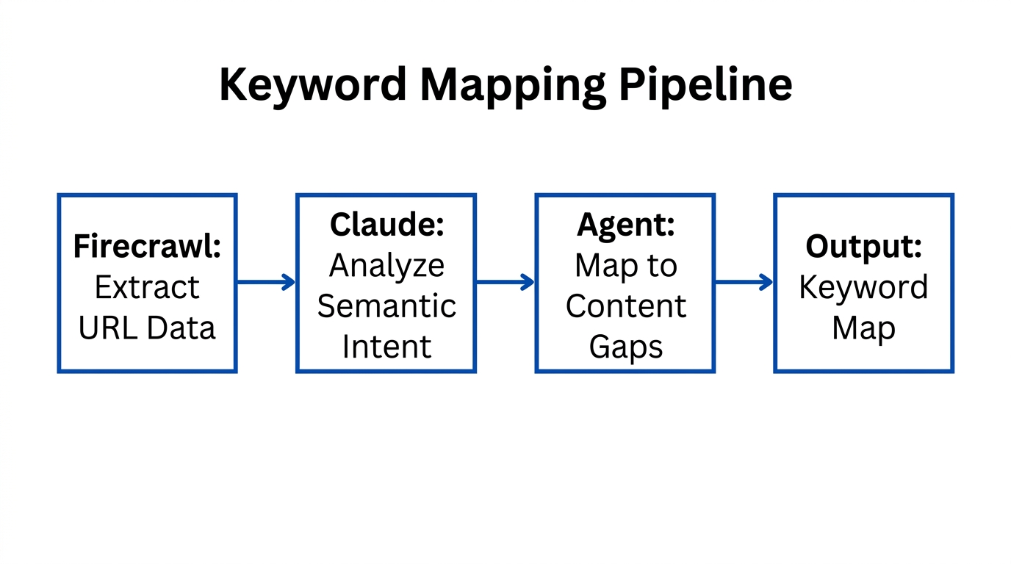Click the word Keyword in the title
[313, 84]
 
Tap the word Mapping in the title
[513, 84]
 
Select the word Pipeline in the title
[705, 84]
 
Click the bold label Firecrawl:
[147, 247]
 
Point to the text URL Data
[147, 328]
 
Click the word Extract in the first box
[147, 287]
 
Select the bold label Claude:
[386, 225]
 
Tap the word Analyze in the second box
[386, 265]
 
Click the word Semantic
[386, 305]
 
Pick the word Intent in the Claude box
[386, 346]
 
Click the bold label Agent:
[625, 225]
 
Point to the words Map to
[625, 265]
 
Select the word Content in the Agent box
[625, 305]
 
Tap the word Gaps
[625, 346]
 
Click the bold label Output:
[863, 247]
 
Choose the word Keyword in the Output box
[863, 287]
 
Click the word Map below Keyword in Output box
[863, 328]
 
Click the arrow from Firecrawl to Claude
[266, 282]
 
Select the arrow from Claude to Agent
[505, 282]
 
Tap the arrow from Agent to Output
[744, 282]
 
